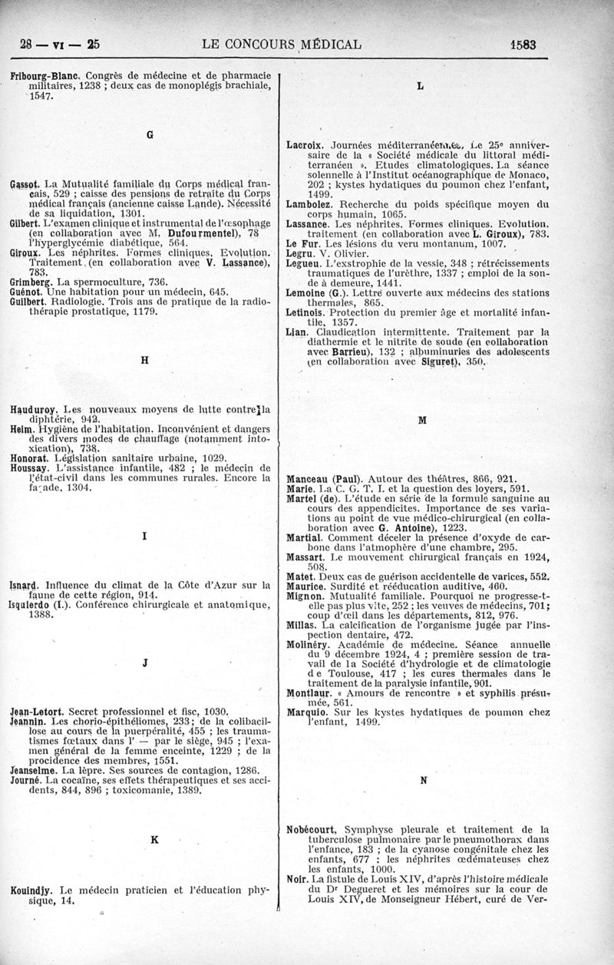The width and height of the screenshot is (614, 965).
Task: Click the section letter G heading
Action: (x=150, y=134)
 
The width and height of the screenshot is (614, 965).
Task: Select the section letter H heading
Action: (x=144, y=359)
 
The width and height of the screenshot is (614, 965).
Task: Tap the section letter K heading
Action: (x=154, y=840)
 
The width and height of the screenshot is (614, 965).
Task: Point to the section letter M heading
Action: (x=421, y=421)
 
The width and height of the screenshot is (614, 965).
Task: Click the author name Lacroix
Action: (x=306, y=144)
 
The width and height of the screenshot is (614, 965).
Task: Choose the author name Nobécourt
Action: (x=314, y=829)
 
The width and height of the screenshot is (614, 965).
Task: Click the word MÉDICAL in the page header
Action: (x=325, y=45)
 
